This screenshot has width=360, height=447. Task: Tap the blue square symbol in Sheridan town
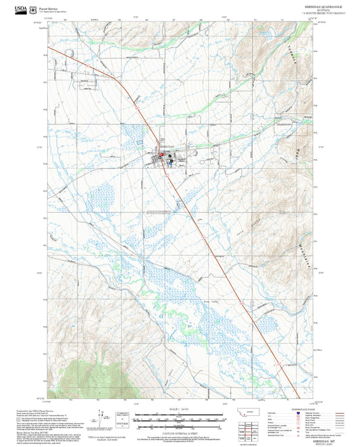tap(172, 161)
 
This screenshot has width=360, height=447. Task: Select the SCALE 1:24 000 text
tap(180, 411)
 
